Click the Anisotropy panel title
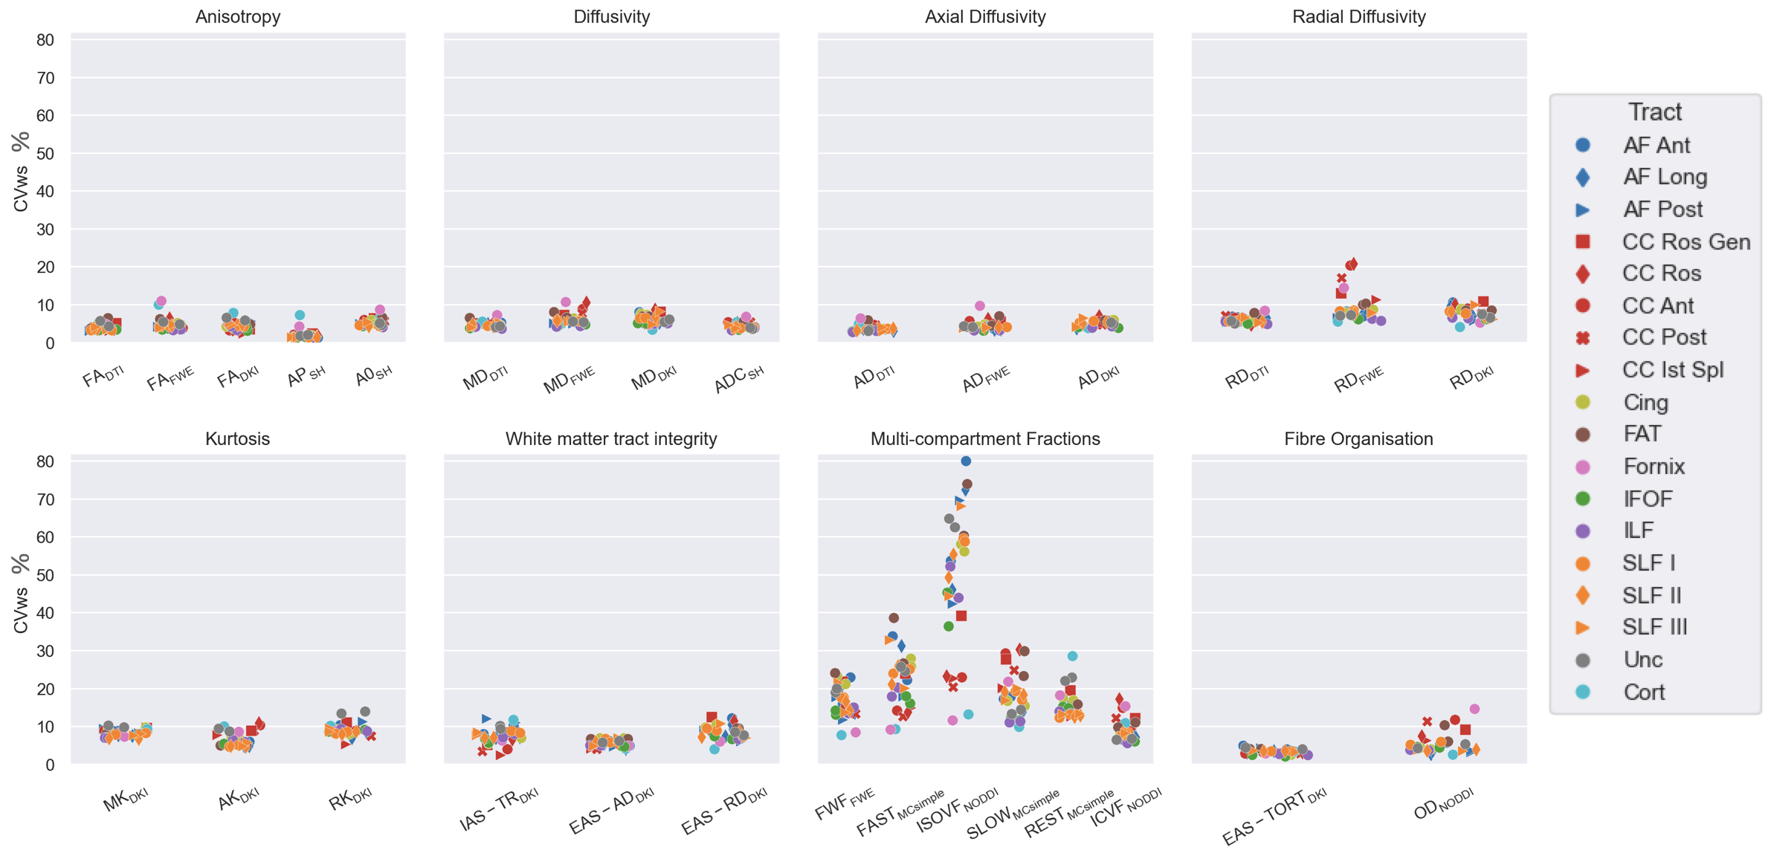point(238,16)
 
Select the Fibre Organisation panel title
point(1358,438)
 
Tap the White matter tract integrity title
point(611,438)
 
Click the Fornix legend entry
point(1654,466)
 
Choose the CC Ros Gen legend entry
point(1685,241)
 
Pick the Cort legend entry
point(1644,692)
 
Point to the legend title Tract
point(1655,111)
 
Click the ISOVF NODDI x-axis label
point(958,811)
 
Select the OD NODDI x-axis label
point(1443,804)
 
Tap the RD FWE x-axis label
point(1358,379)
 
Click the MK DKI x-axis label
point(126,800)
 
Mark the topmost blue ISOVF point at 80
point(966,461)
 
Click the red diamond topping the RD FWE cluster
point(1352,264)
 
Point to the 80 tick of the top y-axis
point(45,40)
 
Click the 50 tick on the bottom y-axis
point(45,575)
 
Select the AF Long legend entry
point(1665,177)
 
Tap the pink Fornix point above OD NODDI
point(1474,709)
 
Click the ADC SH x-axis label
point(738,379)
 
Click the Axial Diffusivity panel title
point(985,16)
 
